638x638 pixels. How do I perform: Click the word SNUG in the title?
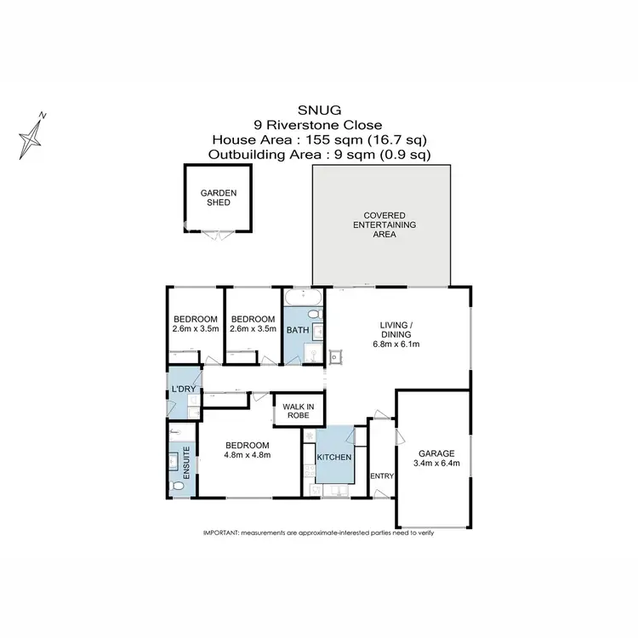click(318, 110)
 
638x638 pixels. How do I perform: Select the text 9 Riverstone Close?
click(318, 125)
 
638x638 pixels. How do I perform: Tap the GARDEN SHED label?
click(219, 198)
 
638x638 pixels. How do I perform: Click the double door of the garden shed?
click(219, 232)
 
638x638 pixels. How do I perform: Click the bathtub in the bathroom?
click(303, 297)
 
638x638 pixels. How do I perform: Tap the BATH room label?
click(297, 329)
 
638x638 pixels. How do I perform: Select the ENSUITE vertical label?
click(186, 465)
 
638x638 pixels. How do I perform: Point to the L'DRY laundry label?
click(185, 390)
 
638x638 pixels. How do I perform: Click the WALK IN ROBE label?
click(297, 411)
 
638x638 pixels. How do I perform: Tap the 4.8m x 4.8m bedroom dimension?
click(247, 454)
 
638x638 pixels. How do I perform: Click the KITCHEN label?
click(334, 458)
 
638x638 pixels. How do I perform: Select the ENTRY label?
click(383, 476)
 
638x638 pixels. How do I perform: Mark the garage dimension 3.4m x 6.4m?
click(434, 464)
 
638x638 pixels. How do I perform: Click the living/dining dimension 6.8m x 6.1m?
click(396, 345)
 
